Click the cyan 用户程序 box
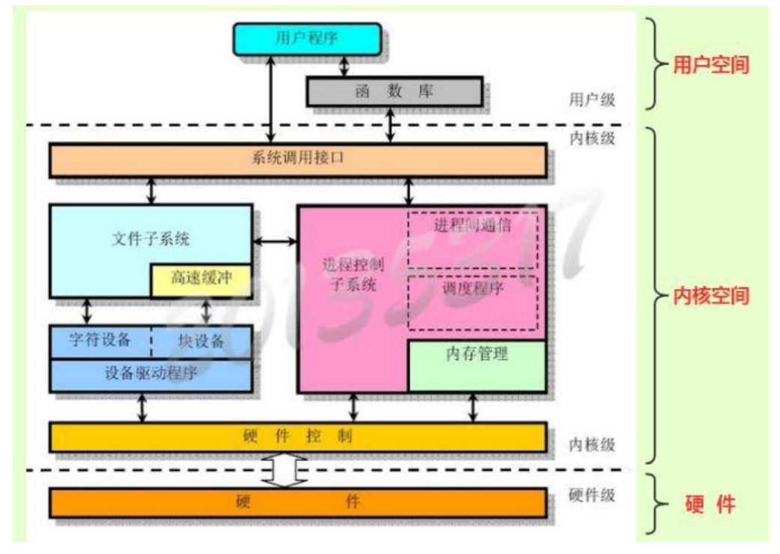pyautogui.click(x=307, y=38)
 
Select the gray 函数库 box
pyautogui.click(x=394, y=91)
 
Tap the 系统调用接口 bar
pyautogui.click(x=297, y=160)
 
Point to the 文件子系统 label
pyautogui.click(x=150, y=240)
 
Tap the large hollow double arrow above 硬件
pyautogui.click(x=287, y=469)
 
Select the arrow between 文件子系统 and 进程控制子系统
pyautogui.click(x=275, y=241)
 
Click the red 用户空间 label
pyautogui.click(x=710, y=65)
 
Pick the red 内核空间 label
pyautogui.click(x=710, y=296)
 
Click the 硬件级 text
pyautogui.click(x=591, y=495)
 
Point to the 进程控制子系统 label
pyautogui.click(x=349, y=274)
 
